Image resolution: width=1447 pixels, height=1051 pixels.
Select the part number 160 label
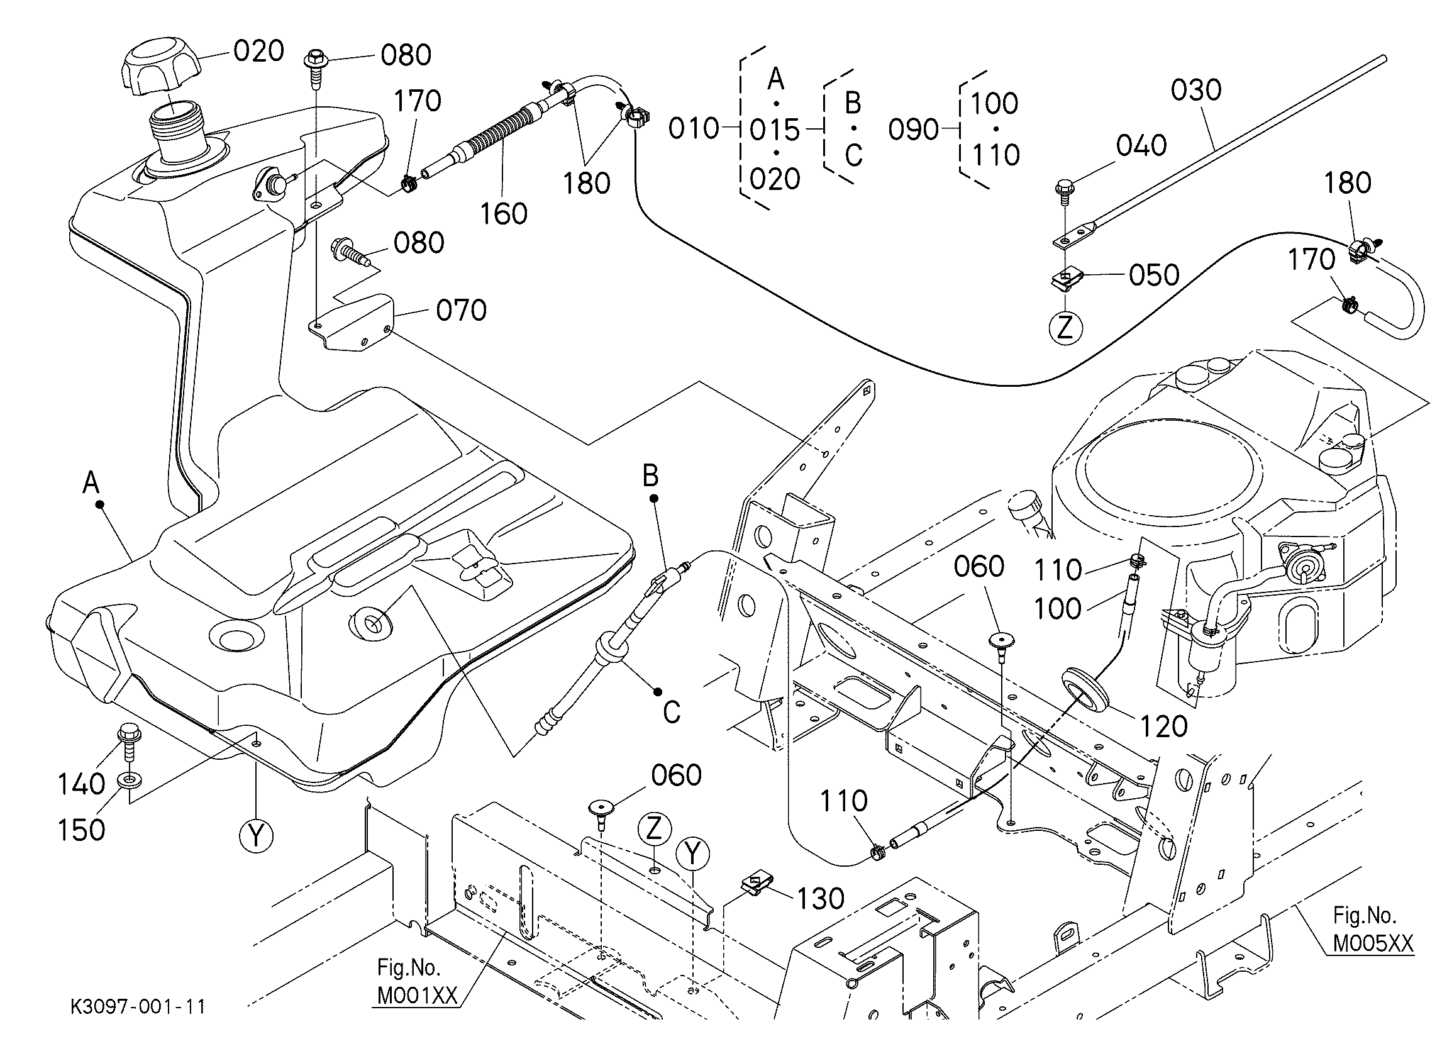coord(503,214)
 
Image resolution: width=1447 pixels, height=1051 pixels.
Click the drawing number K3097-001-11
coord(138,1007)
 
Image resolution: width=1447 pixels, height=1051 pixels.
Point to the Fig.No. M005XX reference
coord(1373,930)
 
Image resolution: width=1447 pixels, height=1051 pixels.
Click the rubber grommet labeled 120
coord(1085,693)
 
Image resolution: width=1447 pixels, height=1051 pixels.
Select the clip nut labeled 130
coord(757,885)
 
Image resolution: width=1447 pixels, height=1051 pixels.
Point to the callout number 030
coord(1195,90)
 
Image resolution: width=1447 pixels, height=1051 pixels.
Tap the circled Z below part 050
coord(1065,328)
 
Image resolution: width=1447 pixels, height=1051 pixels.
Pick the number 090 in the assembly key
coord(914,130)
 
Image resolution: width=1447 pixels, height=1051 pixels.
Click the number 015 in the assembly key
coord(775,130)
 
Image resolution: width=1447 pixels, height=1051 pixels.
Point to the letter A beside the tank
coord(91,482)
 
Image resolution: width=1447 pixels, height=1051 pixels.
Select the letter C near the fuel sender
coord(672,712)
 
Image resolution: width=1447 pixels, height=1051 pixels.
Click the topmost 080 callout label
coord(406,55)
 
